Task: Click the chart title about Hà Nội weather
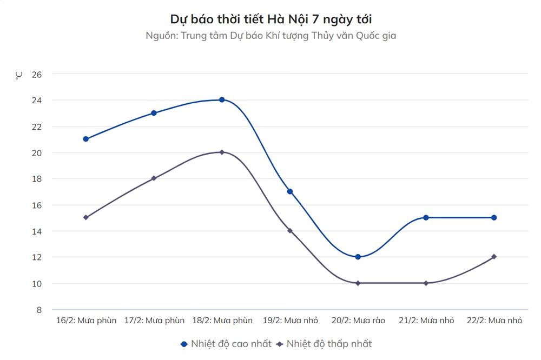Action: point(270,19)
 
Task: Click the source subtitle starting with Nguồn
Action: point(270,36)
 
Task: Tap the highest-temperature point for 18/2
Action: point(222,100)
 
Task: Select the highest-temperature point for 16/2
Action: point(86,139)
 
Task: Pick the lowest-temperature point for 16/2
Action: point(86,217)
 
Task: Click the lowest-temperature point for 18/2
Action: point(222,152)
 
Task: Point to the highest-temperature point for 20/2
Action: point(358,257)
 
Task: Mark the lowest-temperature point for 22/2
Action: point(494,257)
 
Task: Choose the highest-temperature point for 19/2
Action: point(290,191)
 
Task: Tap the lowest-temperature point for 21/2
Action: point(426,283)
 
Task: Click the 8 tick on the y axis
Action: point(39,310)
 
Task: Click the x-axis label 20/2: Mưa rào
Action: point(358,321)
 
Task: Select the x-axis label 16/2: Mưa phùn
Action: point(87,321)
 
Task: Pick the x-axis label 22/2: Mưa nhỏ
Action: point(494,321)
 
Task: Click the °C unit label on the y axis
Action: point(19,75)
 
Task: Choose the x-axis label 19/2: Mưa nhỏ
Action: point(290,321)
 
